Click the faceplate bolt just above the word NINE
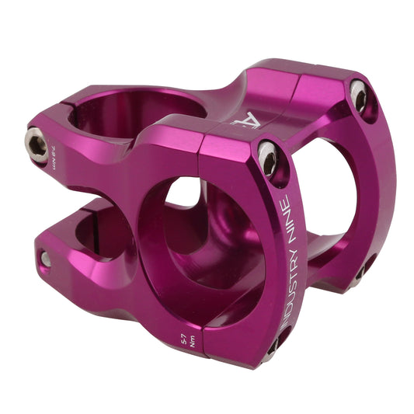click(x=268, y=158)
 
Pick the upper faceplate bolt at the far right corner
click(x=358, y=96)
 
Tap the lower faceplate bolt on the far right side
click(x=364, y=268)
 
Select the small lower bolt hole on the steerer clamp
click(x=45, y=259)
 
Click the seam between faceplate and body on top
click(x=291, y=93)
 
